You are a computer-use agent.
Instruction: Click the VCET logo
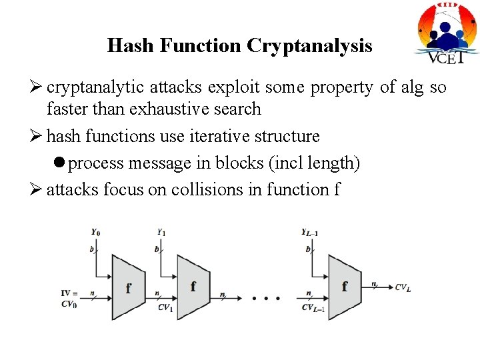coord(445,33)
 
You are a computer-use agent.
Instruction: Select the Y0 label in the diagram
coord(96,233)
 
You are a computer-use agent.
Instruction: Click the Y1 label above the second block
coord(161,233)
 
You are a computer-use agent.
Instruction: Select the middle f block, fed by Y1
coord(192,287)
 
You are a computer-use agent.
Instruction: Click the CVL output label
coord(403,287)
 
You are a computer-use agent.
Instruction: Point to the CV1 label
coord(165,308)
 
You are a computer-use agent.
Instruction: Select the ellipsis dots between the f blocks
coord(265,298)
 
